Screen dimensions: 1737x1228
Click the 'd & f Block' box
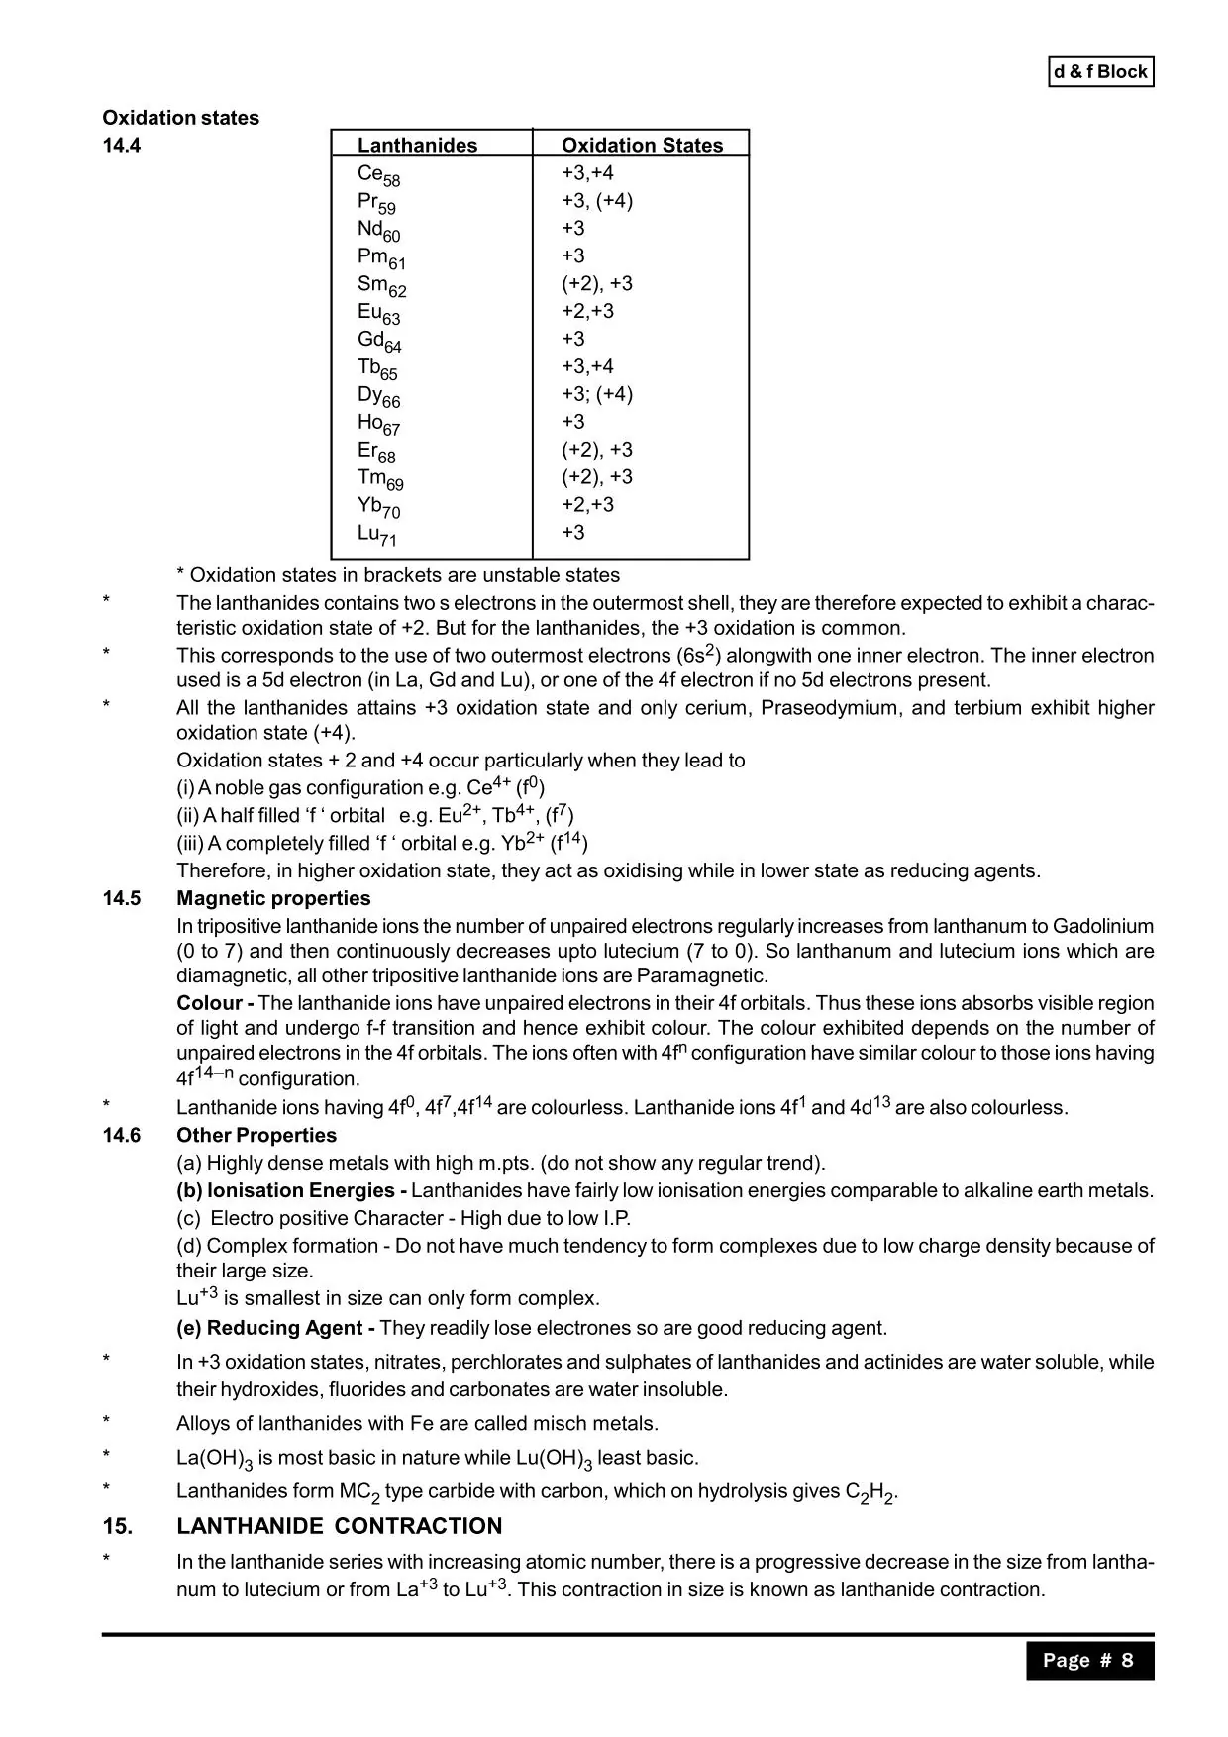[1100, 72]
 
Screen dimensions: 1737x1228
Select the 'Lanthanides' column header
[417, 146]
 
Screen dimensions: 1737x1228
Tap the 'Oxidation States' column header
[642, 146]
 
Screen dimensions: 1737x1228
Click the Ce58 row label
[378, 175]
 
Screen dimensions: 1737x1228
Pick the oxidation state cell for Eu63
[587, 311]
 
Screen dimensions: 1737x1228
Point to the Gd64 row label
[379, 341]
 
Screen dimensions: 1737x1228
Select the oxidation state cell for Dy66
[596, 394]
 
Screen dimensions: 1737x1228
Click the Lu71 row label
[376, 535]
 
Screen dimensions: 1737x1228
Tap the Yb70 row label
[378, 507]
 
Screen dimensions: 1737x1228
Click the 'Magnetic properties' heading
[273, 898]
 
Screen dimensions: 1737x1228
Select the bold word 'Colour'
[209, 1002]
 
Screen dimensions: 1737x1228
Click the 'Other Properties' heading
[256, 1135]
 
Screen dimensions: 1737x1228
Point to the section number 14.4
[122, 146]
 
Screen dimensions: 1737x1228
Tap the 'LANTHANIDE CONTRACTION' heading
[339, 1526]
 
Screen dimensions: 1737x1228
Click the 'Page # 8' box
[1088, 1660]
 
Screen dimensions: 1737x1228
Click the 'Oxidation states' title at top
[180, 118]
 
